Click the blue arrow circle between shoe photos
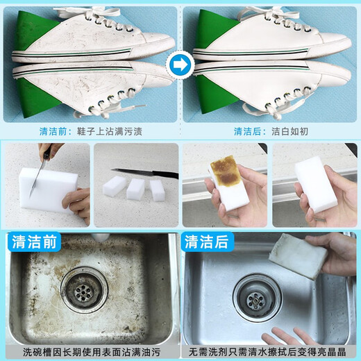(x=180, y=67)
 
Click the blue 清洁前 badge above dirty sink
(x=35, y=242)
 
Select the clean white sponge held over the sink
(x=315, y=180)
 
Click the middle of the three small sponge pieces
(x=135, y=190)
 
